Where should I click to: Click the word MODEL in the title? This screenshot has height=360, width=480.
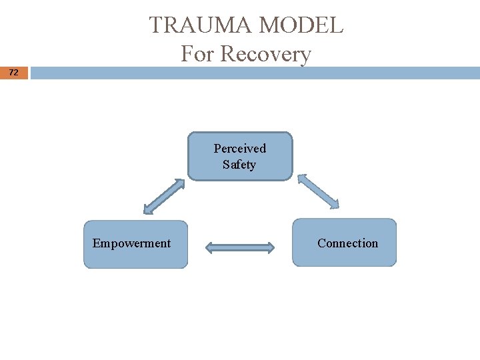point(301,25)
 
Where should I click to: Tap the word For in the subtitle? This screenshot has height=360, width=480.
point(197,53)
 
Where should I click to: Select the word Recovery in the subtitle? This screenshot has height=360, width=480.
point(265,53)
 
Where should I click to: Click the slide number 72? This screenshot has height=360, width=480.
point(14,73)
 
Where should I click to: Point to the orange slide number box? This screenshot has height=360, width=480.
point(14,73)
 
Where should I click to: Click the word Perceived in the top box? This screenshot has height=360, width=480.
point(239,148)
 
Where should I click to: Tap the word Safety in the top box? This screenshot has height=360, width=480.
point(239,164)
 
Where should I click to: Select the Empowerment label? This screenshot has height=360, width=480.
point(131,243)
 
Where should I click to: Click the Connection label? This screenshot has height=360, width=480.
point(347,243)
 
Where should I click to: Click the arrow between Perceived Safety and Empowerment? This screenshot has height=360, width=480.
point(164,196)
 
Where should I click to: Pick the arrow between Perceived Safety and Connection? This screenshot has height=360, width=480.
point(318,191)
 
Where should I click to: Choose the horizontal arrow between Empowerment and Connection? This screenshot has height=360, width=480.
point(239,248)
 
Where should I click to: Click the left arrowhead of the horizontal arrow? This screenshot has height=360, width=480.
point(209,248)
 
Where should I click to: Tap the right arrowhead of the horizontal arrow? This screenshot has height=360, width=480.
point(269,248)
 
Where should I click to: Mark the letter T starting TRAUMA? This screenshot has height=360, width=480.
point(156,25)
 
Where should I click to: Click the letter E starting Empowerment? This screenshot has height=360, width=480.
point(96,243)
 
